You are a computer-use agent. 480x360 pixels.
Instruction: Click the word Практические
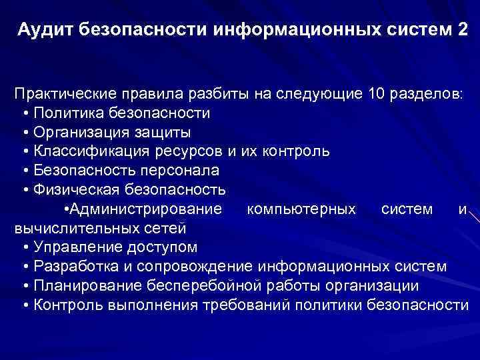pos(63,93)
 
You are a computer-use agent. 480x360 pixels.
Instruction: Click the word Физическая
pos(71,189)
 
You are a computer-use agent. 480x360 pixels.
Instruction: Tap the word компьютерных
pos(301,209)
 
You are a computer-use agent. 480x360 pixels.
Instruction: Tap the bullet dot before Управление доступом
pos(25,248)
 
